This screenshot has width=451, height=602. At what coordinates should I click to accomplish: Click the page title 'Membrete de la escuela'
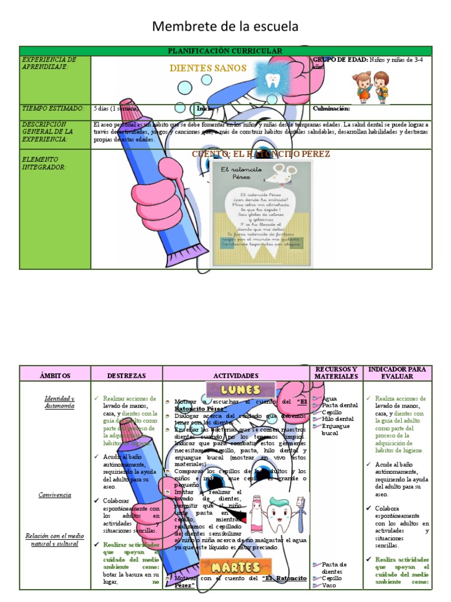[225, 26]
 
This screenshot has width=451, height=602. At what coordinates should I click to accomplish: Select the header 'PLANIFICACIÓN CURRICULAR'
[225, 51]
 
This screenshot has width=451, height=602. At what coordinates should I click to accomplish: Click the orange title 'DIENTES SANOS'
[208, 68]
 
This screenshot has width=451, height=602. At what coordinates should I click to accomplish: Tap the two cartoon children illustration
[371, 87]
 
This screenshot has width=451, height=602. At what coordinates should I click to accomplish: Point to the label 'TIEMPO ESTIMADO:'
[53, 109]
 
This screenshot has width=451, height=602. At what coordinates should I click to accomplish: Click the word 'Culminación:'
[332, 109]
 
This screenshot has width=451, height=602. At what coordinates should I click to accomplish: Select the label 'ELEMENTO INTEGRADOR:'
[43, 163]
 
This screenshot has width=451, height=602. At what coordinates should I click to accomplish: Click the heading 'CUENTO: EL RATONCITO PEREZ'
[261, 154]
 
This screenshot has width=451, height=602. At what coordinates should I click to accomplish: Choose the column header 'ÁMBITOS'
[55, 375]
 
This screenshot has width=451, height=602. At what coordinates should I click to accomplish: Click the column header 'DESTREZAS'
[126, 375]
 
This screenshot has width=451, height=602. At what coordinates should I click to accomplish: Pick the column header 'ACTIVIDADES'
[235, 375]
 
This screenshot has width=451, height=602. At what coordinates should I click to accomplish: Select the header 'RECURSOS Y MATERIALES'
[336, 372]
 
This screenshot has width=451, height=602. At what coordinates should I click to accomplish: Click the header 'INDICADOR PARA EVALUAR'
[397, 372]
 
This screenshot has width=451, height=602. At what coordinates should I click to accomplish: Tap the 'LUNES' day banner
[241, 390]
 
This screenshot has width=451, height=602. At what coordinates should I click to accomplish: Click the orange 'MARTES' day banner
[231, 568]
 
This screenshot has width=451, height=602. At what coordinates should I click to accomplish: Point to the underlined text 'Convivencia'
[55, 495]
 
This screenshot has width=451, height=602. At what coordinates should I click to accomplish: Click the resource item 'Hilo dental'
[339, 419]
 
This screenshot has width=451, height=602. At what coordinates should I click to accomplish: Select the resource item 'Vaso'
[328, 586]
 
